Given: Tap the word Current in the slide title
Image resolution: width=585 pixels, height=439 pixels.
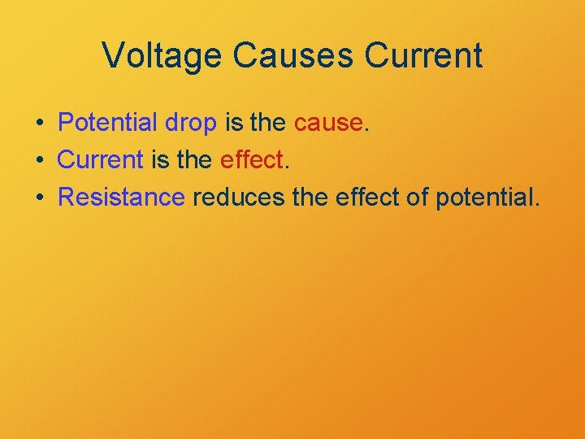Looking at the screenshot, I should (x=423, y=55).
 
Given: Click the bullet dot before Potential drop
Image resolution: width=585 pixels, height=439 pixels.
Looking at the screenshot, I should (x=39, y=124).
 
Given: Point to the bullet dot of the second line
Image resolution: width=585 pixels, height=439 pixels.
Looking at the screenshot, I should (x=39, y=160).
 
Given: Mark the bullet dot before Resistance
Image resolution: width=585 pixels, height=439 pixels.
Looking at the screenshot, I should (x=39, y=198).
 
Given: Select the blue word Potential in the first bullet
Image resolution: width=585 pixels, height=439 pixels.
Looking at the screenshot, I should (x=109, y=123).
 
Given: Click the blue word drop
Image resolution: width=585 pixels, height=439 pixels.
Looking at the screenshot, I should (x=191, y=124).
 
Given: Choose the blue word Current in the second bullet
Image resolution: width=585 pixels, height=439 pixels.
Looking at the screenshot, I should (x=101, y=159).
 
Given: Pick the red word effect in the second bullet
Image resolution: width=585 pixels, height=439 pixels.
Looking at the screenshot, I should (x=252, y=159).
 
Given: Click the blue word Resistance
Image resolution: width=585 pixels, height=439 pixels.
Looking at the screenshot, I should (x=122, y=197).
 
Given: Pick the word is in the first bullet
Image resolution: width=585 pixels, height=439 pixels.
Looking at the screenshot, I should (x=233, y=123).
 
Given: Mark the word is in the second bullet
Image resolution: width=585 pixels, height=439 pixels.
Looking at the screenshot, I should (x=159, y=159).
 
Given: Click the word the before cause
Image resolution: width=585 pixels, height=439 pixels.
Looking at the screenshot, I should (x=268, y=123).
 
